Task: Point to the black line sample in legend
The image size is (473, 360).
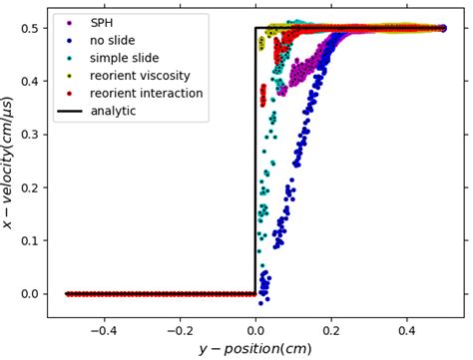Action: (x=68, y=111)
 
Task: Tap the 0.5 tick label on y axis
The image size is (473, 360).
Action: (x=29, y=29)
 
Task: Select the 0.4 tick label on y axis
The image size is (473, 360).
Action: (x=29, y=82)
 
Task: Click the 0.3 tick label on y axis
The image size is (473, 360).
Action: (x=29, y=135)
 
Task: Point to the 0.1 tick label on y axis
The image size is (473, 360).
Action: (x=29, y=240)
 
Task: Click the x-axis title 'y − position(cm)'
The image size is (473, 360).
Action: (x=255, y=348)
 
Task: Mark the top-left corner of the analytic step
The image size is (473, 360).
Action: (x=256, y=28)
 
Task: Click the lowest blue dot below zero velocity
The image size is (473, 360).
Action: (x=260, y=302)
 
